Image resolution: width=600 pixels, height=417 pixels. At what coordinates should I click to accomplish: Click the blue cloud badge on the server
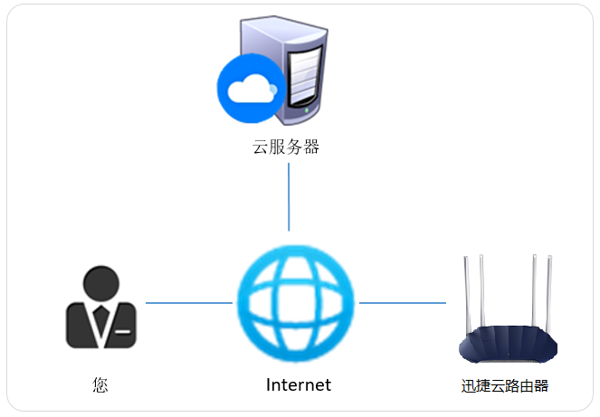click(247, 89)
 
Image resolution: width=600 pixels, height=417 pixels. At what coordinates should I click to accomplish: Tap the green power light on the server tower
click(310, 110)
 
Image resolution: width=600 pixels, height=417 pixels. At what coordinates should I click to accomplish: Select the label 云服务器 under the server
click(286, 147)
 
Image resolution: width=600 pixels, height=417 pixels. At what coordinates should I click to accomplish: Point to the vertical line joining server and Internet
click(289, 197)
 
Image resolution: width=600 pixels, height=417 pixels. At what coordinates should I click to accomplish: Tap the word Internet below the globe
click(299, 385)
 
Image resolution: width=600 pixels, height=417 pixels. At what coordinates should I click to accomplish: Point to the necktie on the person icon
click(100, 317)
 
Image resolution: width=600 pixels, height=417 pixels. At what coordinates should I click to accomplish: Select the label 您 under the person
click(100, 385)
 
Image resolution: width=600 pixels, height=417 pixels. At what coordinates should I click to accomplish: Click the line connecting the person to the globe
click(188, 303)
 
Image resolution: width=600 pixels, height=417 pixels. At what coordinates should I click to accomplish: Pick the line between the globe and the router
click(402, 303)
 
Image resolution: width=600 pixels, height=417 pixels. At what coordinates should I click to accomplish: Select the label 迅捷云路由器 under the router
click(505, 386)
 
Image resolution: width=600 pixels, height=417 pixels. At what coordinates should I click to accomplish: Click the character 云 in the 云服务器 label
click(261, 147)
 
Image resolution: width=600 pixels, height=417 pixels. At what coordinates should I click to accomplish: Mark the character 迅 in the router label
click(469, 386)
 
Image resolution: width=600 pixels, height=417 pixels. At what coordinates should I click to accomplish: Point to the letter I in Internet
click(269, 385)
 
